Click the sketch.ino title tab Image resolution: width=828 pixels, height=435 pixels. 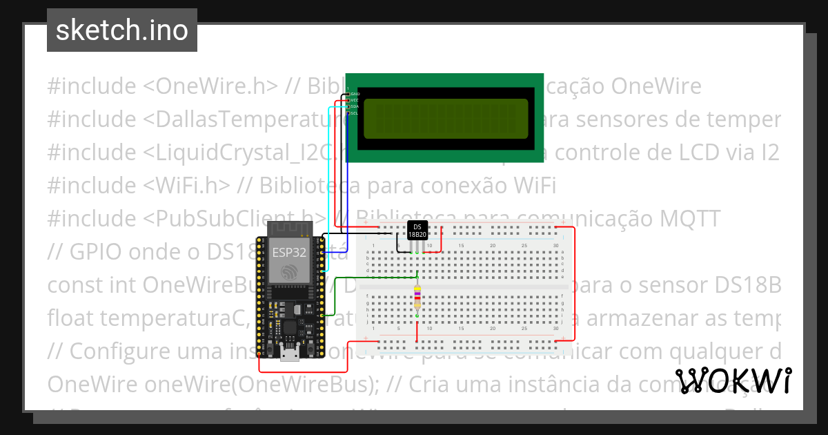point(121,30)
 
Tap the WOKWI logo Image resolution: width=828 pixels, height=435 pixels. point(733,380)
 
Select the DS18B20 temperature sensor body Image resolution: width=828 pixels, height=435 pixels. point(417,231)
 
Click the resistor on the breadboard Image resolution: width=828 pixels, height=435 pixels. point(417,298)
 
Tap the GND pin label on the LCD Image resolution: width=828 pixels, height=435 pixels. point(355,94)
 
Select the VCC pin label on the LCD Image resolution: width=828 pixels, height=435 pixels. point(355,100)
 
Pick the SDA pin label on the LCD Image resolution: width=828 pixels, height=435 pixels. point(355,106)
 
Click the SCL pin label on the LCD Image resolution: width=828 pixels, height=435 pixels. point(355,113)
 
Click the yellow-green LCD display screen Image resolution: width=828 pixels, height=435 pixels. point(446,119)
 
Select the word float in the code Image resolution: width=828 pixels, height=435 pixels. point(70,318)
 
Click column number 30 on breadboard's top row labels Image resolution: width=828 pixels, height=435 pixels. point(556,246)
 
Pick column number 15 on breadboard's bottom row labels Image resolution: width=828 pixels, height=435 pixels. point(461,329)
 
